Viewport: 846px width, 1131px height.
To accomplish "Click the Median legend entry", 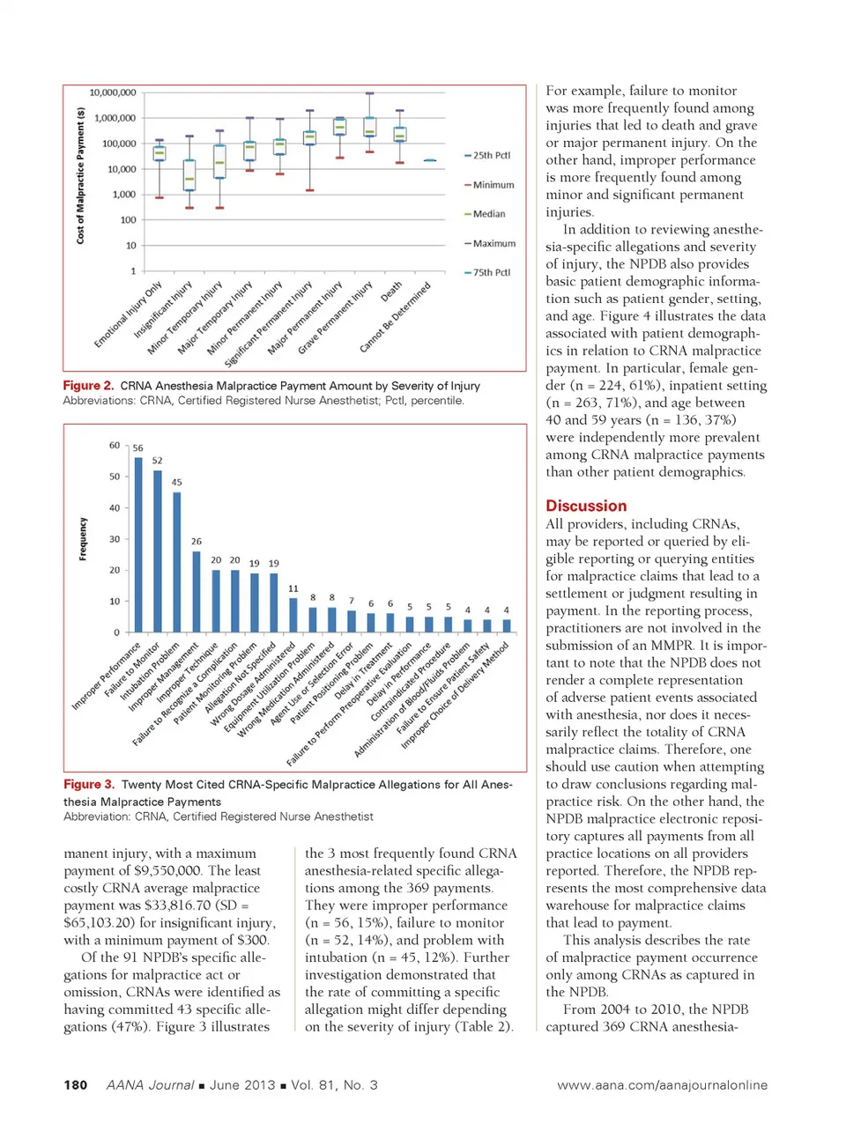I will coord(488,214).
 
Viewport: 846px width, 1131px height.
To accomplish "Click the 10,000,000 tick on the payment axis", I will coord(113,92).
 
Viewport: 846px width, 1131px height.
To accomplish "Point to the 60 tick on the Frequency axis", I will coord(115,446).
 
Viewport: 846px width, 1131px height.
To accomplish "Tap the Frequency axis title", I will coord(84,538).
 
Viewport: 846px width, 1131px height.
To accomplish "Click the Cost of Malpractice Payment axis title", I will coord(81,175).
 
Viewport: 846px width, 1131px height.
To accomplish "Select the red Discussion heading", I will coord(586,506).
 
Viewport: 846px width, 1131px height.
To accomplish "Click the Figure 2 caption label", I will coord(88,386).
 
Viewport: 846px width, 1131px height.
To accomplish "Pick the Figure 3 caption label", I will coord(89,784).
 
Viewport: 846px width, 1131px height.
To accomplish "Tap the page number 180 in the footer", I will coord(76,1084).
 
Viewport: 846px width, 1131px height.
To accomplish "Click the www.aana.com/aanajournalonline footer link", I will coord(662,1085).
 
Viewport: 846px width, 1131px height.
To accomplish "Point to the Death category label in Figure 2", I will coord(391,292).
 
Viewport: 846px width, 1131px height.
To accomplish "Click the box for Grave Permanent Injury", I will coord(370,128).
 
